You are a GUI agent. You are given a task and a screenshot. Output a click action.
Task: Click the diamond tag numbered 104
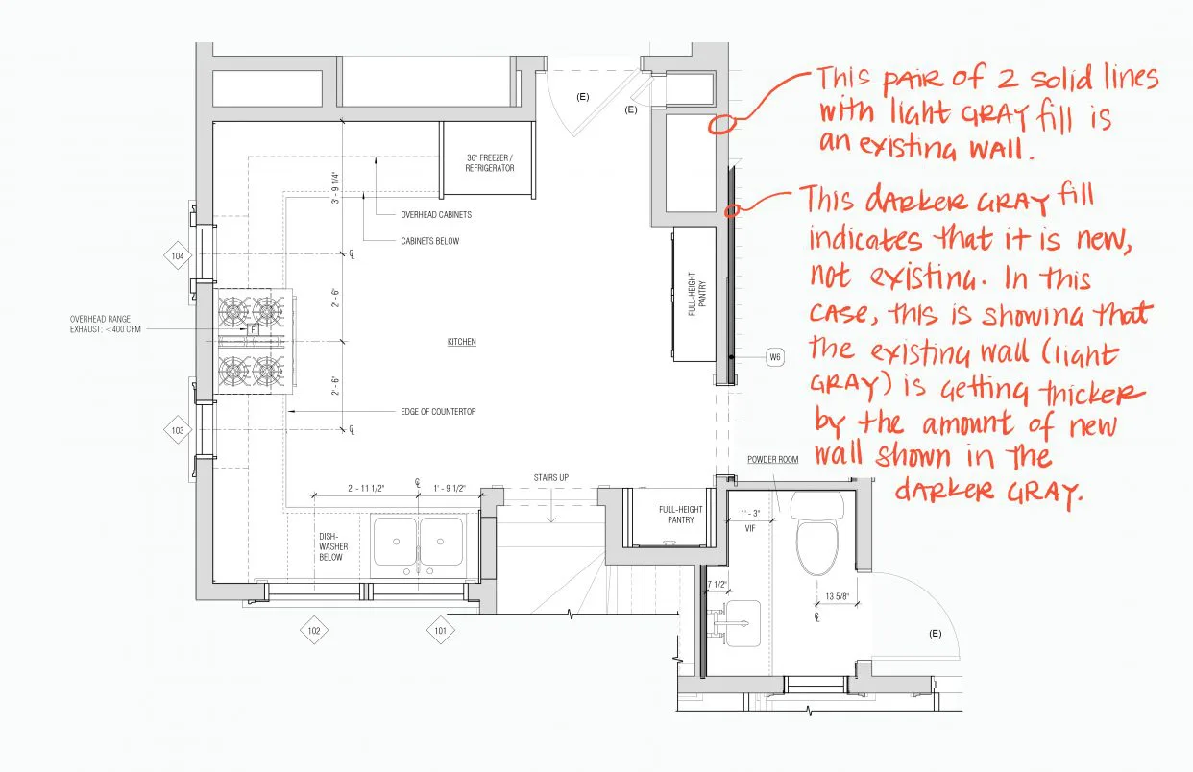point(178,256)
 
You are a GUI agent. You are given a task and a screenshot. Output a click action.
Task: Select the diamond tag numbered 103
point(178,431)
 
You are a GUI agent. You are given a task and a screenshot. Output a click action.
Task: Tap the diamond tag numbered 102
point(313,631)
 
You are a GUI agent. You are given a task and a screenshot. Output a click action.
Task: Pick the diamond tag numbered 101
point(440,631)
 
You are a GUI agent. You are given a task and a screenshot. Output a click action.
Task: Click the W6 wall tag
point(775,358)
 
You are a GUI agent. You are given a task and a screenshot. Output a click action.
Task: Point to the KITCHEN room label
point(462,342)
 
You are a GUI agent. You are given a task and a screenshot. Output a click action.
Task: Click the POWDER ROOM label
point(772,460)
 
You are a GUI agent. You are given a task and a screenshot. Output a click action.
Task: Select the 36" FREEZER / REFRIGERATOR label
point(490,162)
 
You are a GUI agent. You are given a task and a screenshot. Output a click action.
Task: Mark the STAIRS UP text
point(551,477)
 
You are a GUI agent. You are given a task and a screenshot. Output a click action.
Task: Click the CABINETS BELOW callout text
point(430,241)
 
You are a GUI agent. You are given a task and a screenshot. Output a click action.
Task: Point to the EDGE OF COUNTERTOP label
point(438,412)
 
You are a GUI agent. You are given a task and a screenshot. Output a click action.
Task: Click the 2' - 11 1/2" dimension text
point(366,489)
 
